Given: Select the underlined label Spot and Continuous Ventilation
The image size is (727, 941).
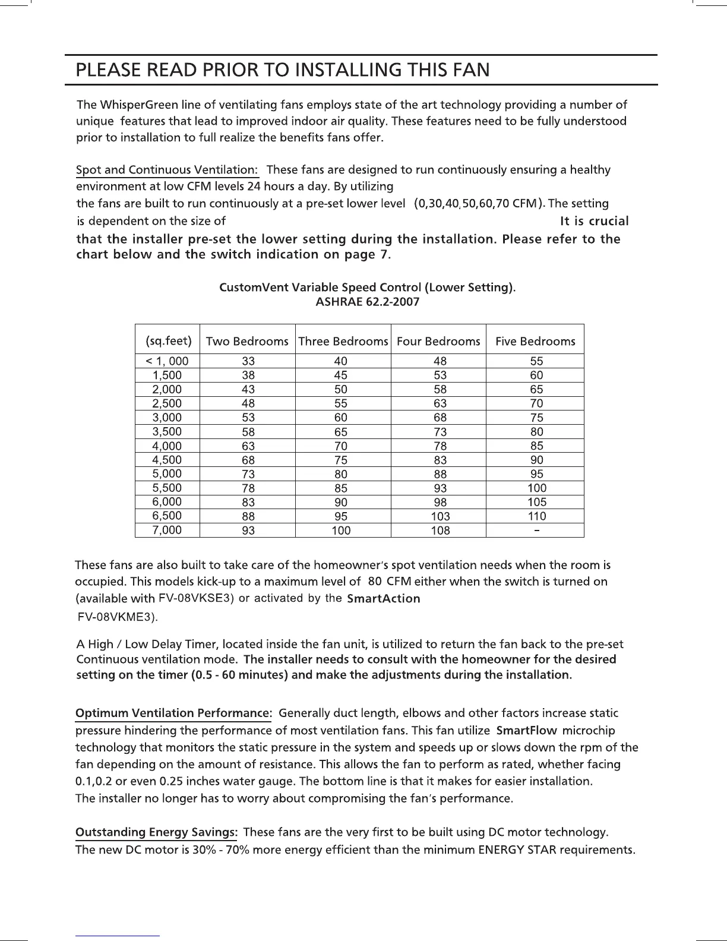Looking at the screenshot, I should click(167, 170).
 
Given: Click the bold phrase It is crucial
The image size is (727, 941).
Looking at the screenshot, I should click(594, 221).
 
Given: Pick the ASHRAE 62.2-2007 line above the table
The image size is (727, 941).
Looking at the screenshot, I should click(367, 302).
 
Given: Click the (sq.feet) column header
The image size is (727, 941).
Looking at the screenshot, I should click(168, 341).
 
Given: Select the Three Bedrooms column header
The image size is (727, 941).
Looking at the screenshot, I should click(343, 341).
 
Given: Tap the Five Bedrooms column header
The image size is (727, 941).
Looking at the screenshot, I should click(535, 341).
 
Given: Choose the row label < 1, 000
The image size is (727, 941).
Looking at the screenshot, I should click(167, 361).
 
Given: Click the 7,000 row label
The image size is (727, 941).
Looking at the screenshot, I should click(167, 530).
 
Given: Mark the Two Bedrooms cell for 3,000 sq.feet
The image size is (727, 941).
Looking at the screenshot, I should click(248, 418).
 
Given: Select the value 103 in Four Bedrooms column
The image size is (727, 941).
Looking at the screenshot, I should click(440, 516).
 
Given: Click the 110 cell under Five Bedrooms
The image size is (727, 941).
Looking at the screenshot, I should click(536, 516).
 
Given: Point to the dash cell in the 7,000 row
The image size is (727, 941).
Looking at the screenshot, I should click(536, 529).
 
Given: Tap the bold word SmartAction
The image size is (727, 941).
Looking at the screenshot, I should click(383, 598).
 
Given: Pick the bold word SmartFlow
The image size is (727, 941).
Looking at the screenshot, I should click(526, 730).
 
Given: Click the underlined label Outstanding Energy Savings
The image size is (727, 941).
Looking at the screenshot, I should click(157, 832).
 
